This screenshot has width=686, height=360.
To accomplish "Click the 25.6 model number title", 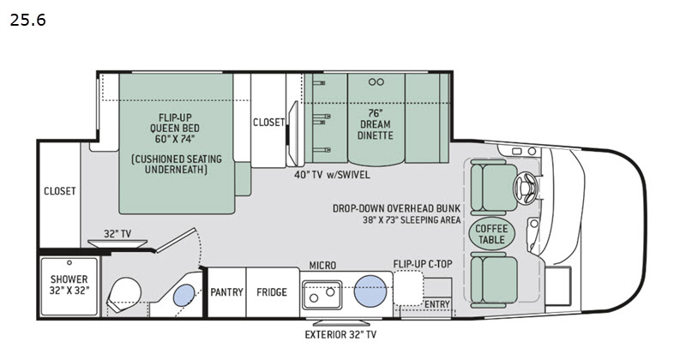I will tap(27, 20).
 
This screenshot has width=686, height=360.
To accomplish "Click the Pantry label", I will tap(228, 292).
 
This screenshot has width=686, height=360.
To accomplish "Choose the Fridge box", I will tap(272, 292).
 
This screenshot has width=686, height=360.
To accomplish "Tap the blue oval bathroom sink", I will tap(183, 297).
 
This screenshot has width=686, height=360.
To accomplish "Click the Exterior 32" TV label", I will tap(341, 334).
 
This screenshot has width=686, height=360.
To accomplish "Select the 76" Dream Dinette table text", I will tap(375, 123).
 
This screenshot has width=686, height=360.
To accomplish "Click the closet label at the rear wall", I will tap(60, 191).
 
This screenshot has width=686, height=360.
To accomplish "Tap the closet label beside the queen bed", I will tap(268, 123).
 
